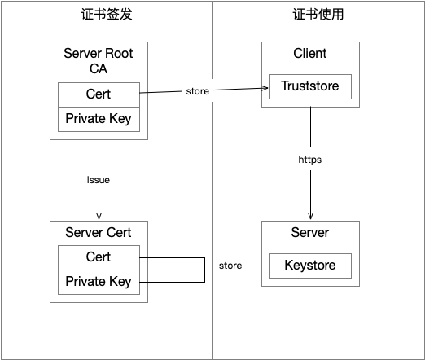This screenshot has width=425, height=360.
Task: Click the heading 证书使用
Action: click(x=318, y=15)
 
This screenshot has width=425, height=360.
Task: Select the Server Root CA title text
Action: click(x=98, y=61)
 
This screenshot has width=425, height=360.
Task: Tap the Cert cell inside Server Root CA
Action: click(x=98, y=94)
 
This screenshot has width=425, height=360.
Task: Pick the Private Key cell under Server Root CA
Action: click(x=98, y=118)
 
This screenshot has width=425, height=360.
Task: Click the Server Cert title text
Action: click(x=98, y=233)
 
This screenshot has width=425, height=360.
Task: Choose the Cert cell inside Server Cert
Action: click(x=98, y=257)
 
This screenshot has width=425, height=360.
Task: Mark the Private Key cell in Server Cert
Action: click(x=98, y=282)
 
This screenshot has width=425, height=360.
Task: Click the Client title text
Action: click(x=309, y=54)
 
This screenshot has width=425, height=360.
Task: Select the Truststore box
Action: click(x=309, y=86)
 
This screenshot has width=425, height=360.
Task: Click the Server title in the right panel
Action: click(x=309, y=233)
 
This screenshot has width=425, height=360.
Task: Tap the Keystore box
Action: click(x=309, y=266)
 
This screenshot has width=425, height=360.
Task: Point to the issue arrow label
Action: click(x=98, y=179)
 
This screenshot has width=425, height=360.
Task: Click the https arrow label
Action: click(x=309, y=160)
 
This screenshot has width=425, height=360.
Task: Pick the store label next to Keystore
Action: click(x=230, y=266)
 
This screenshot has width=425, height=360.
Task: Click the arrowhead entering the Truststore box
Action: click(x=265, y=86)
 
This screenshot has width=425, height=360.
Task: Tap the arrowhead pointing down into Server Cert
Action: click(x=99, y=216)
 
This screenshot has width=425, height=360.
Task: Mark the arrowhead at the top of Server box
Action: click(x=309, y=216)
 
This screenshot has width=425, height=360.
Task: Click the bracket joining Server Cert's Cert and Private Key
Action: click(x=204, y=270)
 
